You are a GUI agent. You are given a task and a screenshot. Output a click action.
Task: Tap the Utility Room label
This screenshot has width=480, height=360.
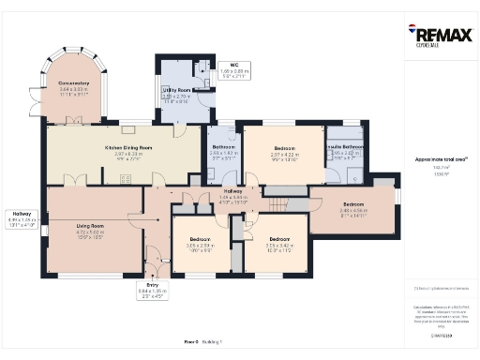pos(176,90)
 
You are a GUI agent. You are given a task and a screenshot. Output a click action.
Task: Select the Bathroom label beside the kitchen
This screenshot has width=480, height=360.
pos(223,147)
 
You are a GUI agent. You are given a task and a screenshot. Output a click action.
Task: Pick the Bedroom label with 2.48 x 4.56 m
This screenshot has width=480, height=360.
pos(353,203)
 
